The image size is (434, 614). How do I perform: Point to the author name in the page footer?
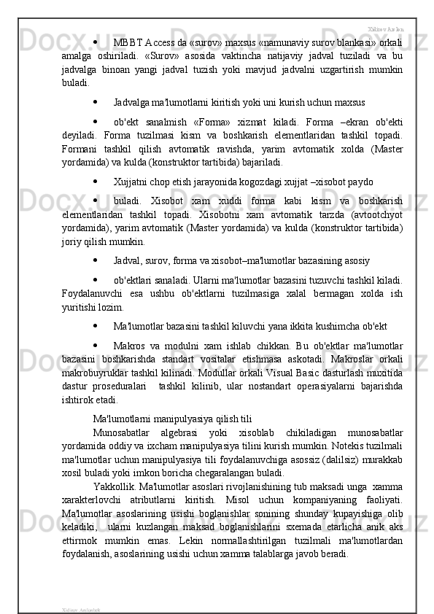(x=81, y=607)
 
